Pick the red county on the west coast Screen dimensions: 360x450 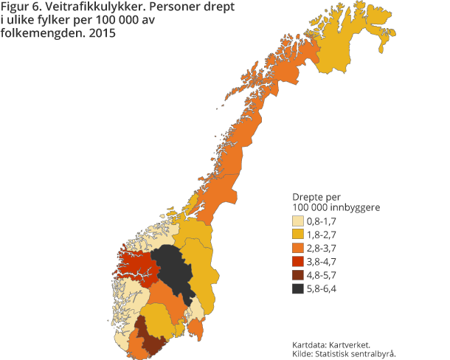point(136,266)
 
